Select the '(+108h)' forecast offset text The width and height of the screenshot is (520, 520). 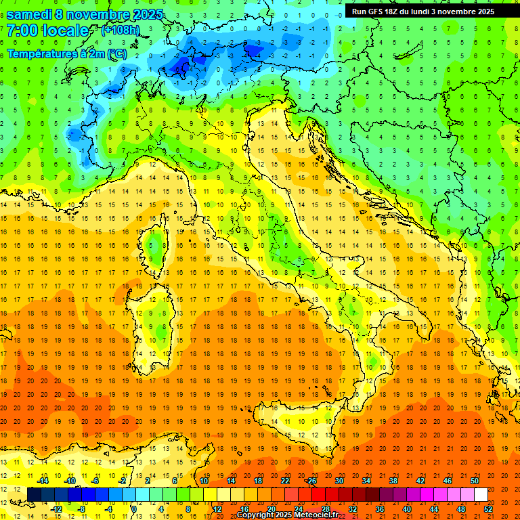121,30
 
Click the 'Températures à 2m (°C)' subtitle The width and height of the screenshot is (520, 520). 66,53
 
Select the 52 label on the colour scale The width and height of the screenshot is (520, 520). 488,509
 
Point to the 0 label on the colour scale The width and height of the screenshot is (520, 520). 134,509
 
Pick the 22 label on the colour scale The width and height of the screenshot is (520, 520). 284,481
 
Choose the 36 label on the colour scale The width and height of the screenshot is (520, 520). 379,509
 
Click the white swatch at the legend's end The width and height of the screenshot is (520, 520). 481,494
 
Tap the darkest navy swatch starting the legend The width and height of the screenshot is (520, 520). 34,494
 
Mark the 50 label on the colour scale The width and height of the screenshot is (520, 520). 474,481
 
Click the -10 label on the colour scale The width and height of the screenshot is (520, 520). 69,481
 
